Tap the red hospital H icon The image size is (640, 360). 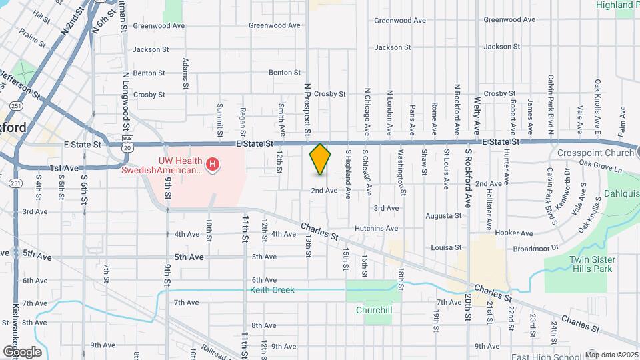coord(213,163)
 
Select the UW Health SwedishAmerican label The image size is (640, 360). coord(161,165)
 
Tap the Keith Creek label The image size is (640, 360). coord(272,290)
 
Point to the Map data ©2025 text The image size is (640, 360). coord(611,355)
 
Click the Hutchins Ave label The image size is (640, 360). coord(376,228)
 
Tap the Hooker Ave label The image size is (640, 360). coord(514,233)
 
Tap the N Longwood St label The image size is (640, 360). coord(125,107)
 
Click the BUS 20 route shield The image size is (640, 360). coord(127,143)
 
